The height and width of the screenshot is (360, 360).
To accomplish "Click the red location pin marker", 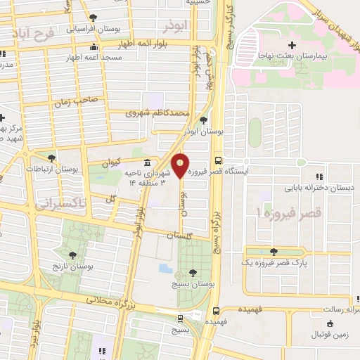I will (x=181, y=165).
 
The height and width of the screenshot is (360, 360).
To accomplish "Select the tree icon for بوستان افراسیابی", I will (x=94, y=19).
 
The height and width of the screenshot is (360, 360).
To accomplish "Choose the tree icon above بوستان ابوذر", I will (x=202, y=120).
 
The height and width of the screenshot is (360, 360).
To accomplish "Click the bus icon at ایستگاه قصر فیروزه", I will (x=218, y=160).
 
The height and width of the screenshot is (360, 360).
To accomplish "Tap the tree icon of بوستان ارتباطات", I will (x=51, y=159).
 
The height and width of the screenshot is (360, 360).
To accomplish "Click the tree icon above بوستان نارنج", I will (x=72, y=255).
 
